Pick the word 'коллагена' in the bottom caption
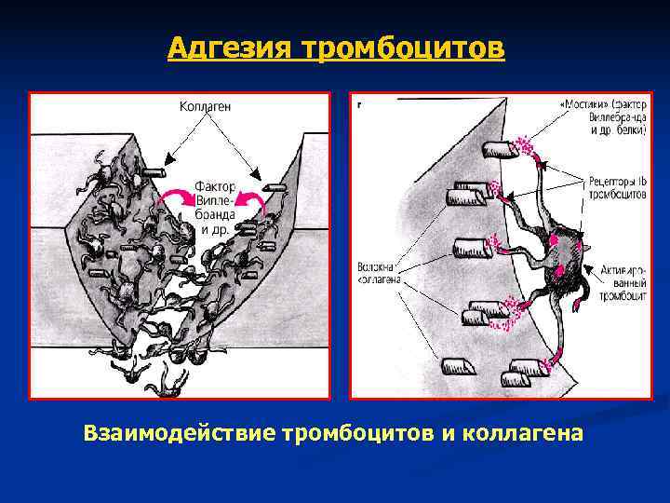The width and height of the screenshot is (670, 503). (x=533, y=434)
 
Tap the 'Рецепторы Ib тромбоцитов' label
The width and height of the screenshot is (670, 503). (x=615, y=186)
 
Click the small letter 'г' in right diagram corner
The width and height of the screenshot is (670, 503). (x=359, y=103)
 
